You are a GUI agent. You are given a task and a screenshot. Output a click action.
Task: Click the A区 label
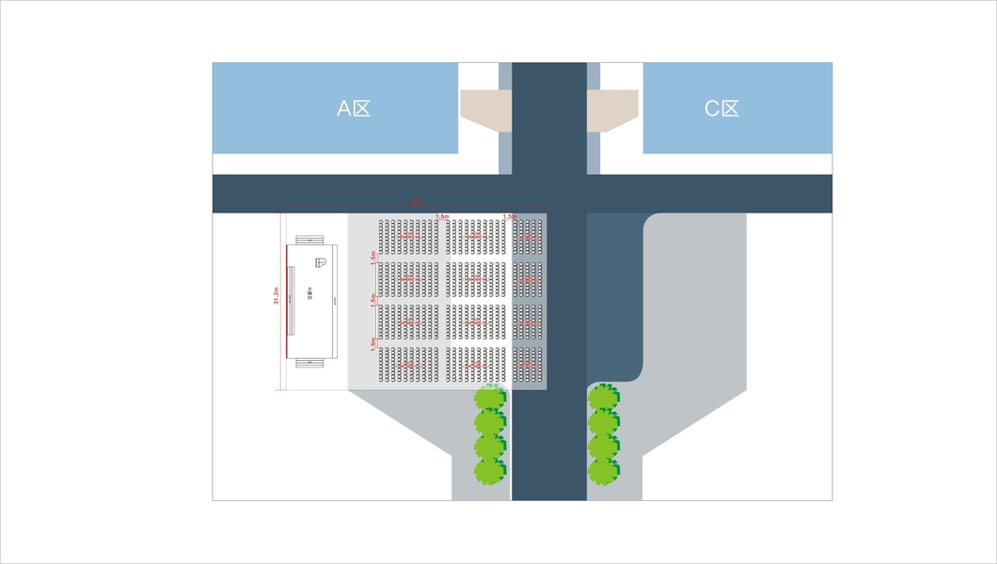tap(355, 109)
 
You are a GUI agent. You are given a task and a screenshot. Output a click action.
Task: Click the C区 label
tap(722, 109)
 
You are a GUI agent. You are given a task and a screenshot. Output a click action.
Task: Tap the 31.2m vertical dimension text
tap(277, 295)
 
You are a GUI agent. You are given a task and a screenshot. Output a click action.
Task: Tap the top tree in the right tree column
tap(603, 398)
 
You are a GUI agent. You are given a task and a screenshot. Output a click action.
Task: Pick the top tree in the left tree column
tap(490, 398)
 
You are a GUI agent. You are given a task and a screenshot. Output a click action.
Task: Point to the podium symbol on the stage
tap(320, 262)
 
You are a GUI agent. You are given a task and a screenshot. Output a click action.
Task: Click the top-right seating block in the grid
tap(529, 235)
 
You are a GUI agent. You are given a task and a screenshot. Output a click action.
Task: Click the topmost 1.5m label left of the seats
tap(374, 256)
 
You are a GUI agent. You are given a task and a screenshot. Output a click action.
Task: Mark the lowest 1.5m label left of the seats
tap(374, 342)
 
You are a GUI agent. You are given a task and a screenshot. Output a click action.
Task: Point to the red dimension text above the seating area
tap(415, 202)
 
